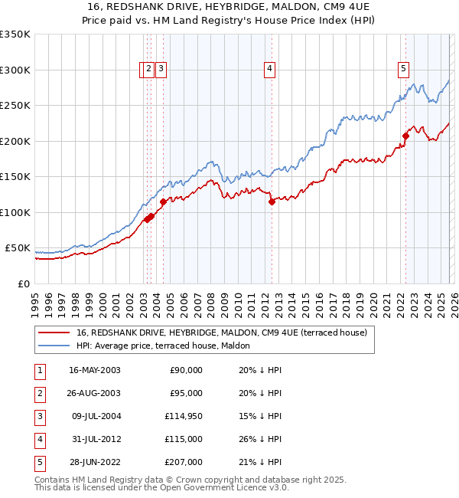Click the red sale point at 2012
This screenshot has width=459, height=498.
click(x=272, y=202)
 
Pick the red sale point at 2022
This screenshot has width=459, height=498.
click(x=405, y=137)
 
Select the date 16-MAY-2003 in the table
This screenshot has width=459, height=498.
click(x=95, y=370)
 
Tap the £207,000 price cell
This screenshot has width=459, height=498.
click(x=184, y=462)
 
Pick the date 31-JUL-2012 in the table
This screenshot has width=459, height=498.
click(x=95, y=439)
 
